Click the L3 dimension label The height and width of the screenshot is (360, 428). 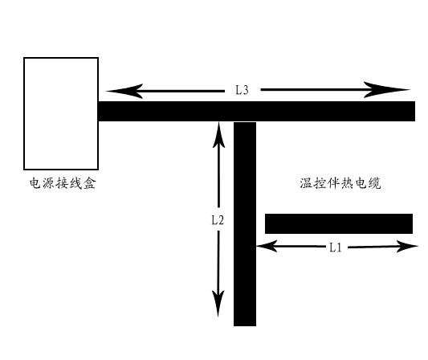(243, 90)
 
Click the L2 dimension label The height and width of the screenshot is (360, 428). (218, 220)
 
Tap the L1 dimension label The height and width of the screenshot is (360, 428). (336, 247)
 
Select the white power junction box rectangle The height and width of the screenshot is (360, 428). (61, 113)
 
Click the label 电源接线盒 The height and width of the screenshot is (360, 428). (63, 183)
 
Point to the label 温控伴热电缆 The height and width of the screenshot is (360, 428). (340, 183)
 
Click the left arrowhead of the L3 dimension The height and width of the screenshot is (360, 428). (124, 91)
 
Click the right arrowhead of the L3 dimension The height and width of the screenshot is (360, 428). (386, 89)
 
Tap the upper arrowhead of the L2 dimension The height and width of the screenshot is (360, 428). (218, 134)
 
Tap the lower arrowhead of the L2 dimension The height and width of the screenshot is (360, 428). (218, 303)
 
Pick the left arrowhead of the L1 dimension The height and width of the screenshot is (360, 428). (267, 246)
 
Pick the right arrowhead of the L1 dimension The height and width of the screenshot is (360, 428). (407, 247)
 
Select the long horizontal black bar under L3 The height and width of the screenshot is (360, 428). (257, 111)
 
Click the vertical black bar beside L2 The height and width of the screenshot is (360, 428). (245, 224)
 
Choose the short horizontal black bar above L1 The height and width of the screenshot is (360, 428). (339, 223)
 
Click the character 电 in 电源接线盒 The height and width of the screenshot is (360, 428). (35, 183)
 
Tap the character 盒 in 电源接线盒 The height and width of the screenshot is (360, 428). (90, 183)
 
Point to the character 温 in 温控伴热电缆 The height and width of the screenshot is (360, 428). (306, 183)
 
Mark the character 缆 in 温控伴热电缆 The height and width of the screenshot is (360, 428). (374, 183)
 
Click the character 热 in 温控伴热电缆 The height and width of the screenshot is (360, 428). (347, 183)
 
